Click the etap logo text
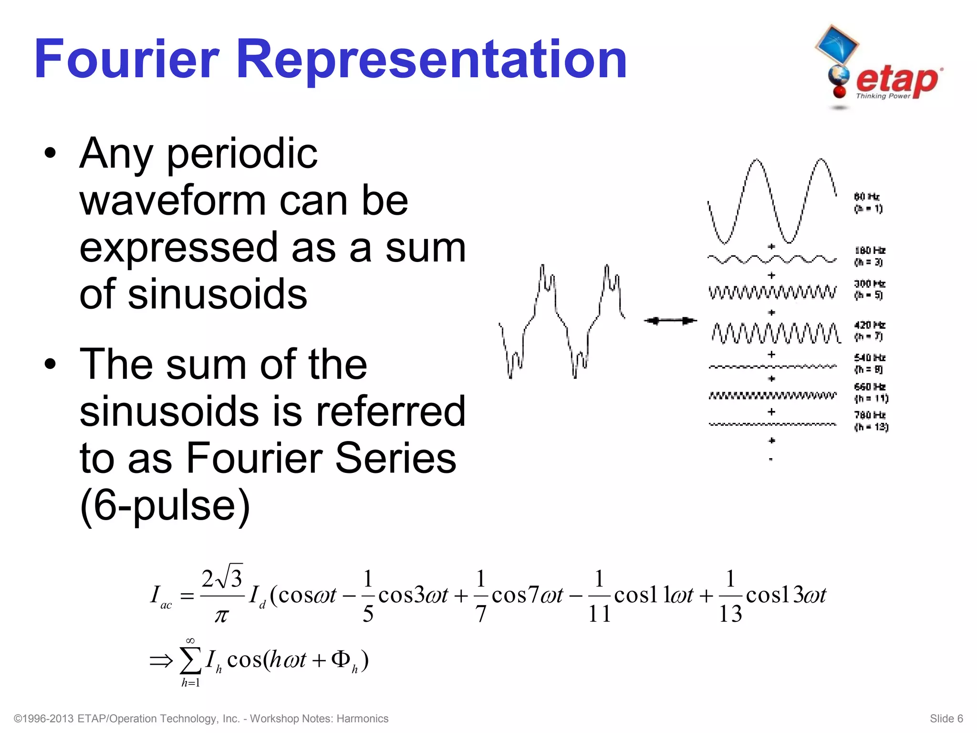point(897,80)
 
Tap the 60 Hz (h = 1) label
point(868,203)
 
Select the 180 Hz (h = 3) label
point(869,256)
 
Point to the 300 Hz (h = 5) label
point(869,289)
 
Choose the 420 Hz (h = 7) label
point(869,331)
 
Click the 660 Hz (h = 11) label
point(871,392)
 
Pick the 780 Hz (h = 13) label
point(871,421)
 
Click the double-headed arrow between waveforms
point(670,321)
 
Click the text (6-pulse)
point(165,505)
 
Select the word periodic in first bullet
point(242,154)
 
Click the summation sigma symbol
point(190,660)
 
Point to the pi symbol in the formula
point(221,616)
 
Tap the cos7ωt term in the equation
point(527,596)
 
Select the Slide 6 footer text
point(946,719)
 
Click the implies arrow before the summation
point(161,661)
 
